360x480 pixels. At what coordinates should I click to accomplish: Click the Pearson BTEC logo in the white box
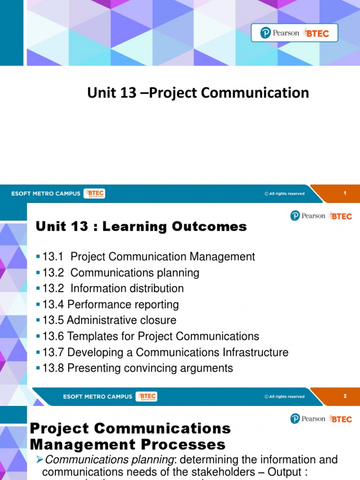pos(294,33)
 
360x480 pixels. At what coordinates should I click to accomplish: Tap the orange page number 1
pos(345,193)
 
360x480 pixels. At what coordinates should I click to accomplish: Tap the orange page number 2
pos(345,396)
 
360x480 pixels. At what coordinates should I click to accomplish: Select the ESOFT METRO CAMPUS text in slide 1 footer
pos(46,194)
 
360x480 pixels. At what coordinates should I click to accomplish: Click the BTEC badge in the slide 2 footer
pos(146,397)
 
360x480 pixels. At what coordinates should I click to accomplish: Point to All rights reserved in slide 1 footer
pos(284,194)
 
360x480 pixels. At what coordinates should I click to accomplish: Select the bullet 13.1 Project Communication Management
pos(149,257)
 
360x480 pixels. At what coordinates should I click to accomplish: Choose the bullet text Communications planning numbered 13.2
pos(135,273)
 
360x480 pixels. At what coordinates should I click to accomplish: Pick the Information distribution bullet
pos(127,289)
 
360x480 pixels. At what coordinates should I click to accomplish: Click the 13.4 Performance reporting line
pos(111,305)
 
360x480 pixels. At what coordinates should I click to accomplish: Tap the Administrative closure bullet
pos(109,321)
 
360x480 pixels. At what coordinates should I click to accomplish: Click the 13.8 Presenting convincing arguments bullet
pos(137,368)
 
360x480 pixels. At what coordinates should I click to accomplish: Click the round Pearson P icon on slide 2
pos(295,216)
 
